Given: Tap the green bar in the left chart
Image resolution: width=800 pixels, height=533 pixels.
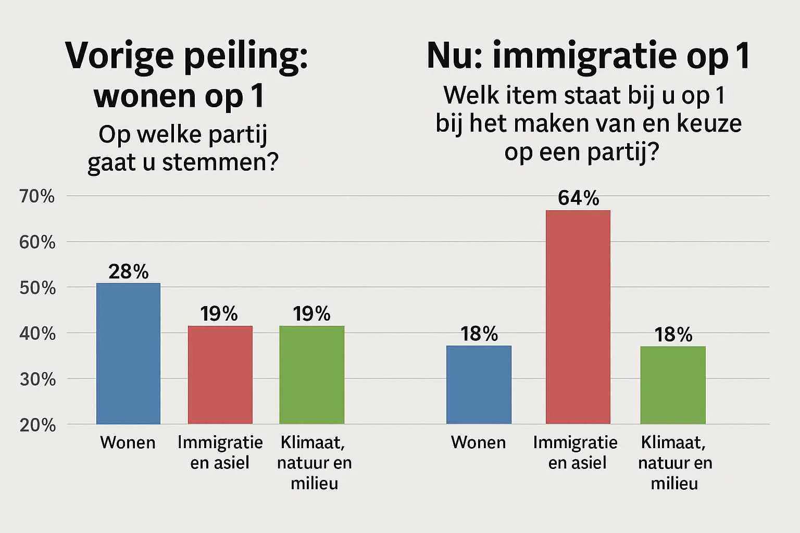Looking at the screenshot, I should tap(311, 374).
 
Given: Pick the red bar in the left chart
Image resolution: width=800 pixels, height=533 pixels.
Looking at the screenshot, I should tap(220, 374).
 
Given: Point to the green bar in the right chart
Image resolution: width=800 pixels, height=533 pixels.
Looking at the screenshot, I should tap(673, 385).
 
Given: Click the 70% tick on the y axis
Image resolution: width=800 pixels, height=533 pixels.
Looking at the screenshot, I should tap(37, 196).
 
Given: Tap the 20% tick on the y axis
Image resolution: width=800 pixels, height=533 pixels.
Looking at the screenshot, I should tap(37, 425).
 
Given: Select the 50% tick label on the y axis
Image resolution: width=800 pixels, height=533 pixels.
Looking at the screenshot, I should tap(37, 288).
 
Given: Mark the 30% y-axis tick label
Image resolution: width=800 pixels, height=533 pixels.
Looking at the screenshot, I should tap(37, 379).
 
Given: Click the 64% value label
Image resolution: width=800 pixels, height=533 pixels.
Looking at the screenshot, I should tap(578, 198).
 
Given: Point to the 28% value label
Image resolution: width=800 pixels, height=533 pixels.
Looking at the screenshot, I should tap(128, 271).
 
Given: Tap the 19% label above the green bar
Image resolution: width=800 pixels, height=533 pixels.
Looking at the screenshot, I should tap(311, 313).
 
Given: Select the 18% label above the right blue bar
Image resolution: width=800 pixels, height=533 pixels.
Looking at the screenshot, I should tap(479, 334).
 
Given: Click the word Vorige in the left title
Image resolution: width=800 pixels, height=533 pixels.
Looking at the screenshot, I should tap(119, 56).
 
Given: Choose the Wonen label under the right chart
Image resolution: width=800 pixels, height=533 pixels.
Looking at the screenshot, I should tap(478, 442).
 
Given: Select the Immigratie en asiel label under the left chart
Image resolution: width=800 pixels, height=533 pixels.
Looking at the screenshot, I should tap(220, 452).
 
